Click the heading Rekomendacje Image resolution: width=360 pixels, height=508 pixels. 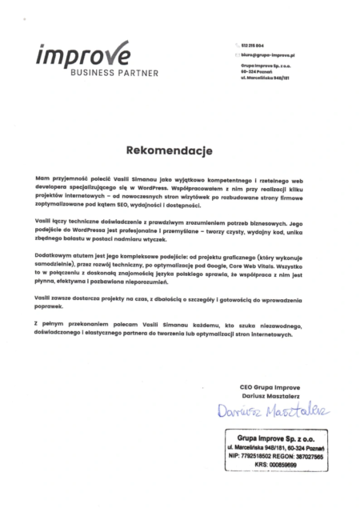[179, 148]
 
